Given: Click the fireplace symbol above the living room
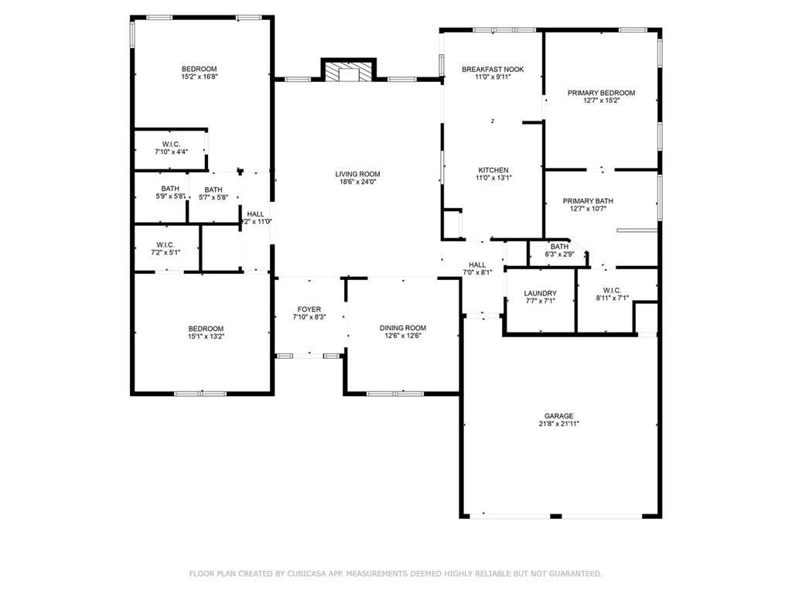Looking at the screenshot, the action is [349, 71].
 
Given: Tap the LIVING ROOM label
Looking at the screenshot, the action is [357, 174].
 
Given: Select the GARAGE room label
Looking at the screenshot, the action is [558, 416].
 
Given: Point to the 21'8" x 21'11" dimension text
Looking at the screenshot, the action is [558, 424].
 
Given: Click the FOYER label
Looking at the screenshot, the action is [309, 309].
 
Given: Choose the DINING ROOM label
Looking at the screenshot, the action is [403, 328].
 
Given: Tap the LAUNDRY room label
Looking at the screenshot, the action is [541, 293].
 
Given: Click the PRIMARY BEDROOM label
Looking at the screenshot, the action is [601, 93].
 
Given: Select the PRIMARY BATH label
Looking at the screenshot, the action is [588, 201].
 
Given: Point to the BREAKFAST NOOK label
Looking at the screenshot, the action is [493, 70].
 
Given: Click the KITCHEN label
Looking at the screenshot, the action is [493, 170].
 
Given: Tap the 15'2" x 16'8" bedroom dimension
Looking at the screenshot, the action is [200, 77].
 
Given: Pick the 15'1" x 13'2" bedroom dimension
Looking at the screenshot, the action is [206, 336].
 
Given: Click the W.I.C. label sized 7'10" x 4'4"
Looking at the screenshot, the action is [171, 145].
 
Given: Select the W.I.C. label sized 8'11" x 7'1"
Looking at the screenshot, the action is [613, 291].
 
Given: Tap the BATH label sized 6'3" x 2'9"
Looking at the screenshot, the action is [560, 247].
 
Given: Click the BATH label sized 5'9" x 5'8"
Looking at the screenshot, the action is [170, 189].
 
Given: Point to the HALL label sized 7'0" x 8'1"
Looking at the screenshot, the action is [477, 265].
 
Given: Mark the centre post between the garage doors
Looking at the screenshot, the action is [555, 516].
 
